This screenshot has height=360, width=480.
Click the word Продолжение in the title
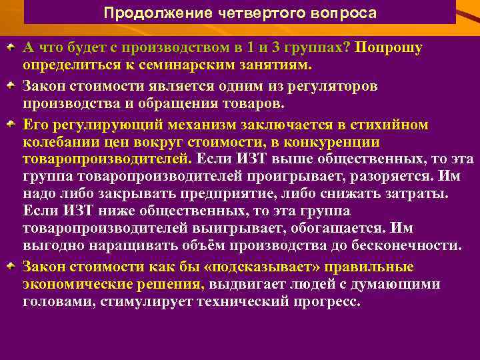[143, 13]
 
